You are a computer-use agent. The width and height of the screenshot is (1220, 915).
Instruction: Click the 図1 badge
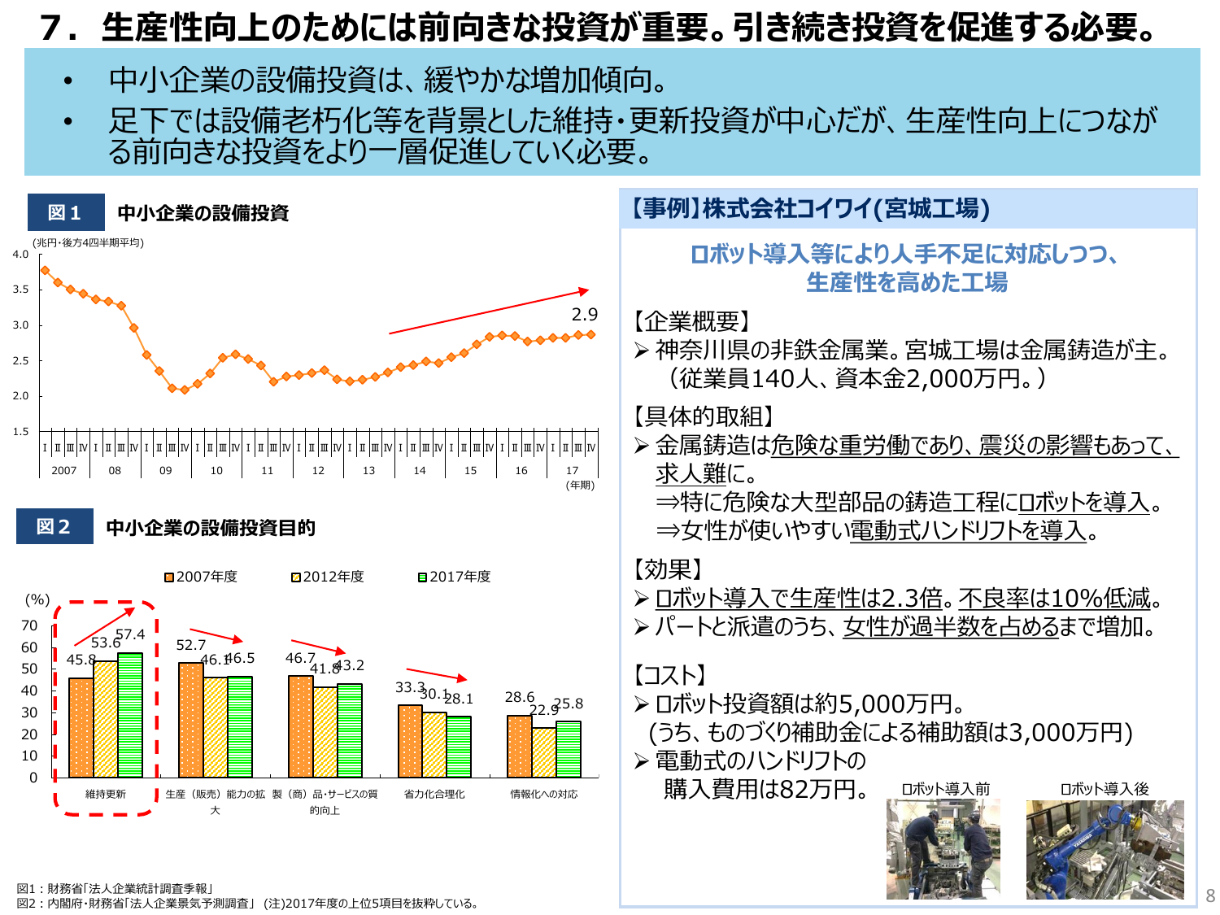pyautogui.click(x=65, y=213)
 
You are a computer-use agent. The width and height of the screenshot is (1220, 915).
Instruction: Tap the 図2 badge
pyautogui.click(x=54, y=527)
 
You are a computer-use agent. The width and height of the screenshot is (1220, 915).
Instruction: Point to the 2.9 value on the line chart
pyautogui.click(x=584, y=315)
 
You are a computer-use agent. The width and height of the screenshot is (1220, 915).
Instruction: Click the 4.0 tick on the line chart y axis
pyautogui.click(x=20, y=255)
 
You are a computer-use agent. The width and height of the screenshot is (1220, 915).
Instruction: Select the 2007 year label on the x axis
pyautogui.click(x=63, y=470)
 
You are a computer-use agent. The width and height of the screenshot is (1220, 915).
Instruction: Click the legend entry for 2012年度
pyautogui.click(x=328, y=577)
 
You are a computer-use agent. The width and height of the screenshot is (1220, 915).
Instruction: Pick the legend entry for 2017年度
pyautogui.click(x=455, y=577)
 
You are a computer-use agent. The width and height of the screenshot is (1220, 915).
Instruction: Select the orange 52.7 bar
pyautogui.click(x=191, y=720)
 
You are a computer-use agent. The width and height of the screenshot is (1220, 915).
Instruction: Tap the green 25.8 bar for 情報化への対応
pyautogui.click(x=569, y=749)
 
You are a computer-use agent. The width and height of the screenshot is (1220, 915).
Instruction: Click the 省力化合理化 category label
pyautogui.click(x=434, y=794)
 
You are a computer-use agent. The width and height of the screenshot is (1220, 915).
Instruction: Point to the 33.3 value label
pyautogui.click(x=410, y=688)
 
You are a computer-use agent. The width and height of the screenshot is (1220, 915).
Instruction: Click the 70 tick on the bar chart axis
pyautogui.click(x=29, y=625)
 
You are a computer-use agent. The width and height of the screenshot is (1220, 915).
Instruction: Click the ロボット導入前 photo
pyautogui.click(x=943, y=849)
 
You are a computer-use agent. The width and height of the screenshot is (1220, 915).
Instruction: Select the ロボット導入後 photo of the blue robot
pyautogui.click(x=1105, y=849)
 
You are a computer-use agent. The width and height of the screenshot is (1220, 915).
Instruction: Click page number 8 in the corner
pyautogui.click(x=1210, y=895)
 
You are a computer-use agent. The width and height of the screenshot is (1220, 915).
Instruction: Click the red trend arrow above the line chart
pyautogui.click(x=488, y=312)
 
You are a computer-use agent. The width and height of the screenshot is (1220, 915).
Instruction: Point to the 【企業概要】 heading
pyautogui.click(x=692, y=322)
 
